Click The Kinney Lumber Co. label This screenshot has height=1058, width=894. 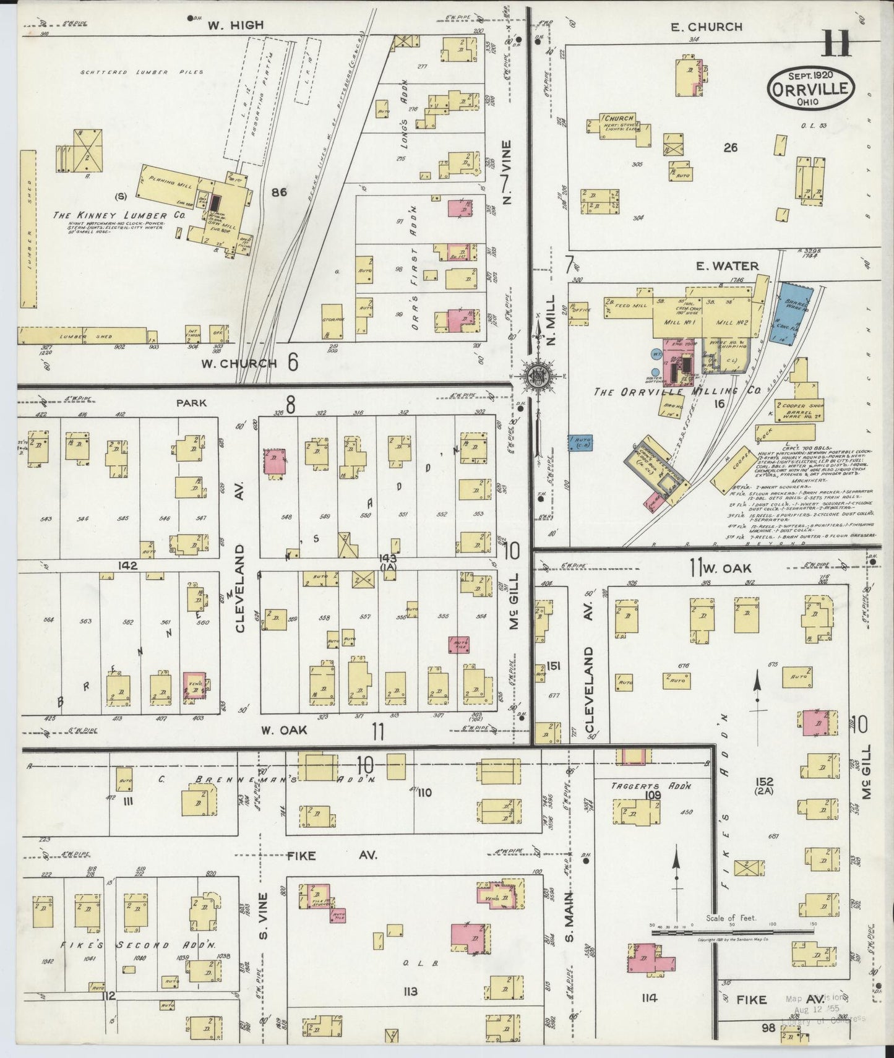(119, 215)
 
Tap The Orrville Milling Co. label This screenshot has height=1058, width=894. (669, 392)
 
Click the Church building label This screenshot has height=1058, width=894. (619, 119)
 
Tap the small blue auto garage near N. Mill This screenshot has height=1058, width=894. (580, 442)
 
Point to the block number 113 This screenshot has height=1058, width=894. (410, 992)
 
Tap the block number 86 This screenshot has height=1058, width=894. (279, 192)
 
